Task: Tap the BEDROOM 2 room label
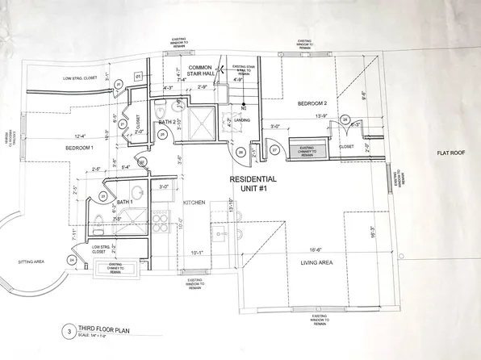pyautogui.click(x=311, y=103)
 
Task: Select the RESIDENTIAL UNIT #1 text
pyautogui.click(x=254, y=183)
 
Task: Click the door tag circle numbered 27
pyautogui.click(x=274, y=150)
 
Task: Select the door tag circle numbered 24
pyautogui.click(x=72, y=260)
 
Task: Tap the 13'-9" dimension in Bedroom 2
pyautogui.click(x=321, y=116)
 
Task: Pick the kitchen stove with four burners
pyautogui.click(x=159, y=222)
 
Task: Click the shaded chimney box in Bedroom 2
pyautogui.click(x=305, y=150)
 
